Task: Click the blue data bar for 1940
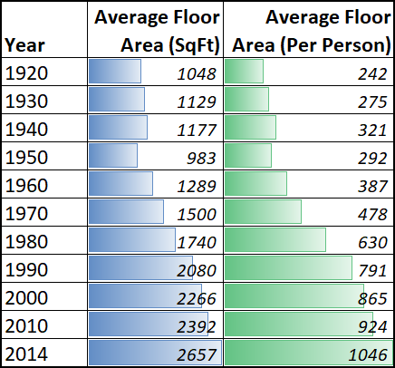[x=118, y=128]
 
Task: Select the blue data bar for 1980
[x=131, y=241]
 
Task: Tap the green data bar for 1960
[x=255, y=185]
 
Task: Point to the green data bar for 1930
[x=246, y=100]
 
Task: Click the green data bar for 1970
[x=263, y=213]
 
